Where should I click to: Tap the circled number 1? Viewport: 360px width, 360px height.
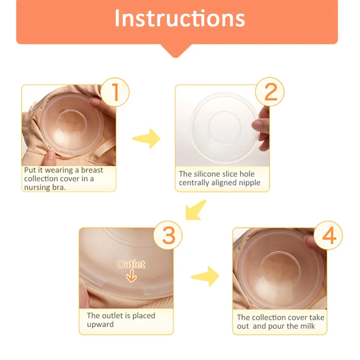(x=115, y=93)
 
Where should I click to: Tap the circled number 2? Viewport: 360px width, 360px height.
(x=270, y=93)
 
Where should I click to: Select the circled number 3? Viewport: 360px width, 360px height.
(x=168, y=236)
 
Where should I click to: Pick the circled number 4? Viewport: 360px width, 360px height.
(x=328, y=236)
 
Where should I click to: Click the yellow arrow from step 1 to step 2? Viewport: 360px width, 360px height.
(x=147, y=138)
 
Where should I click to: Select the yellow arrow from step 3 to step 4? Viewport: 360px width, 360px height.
(x=206, y=276)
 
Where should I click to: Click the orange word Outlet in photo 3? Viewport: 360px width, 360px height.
(x=131, y=264)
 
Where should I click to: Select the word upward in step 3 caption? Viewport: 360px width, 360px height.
(x=100, y=324)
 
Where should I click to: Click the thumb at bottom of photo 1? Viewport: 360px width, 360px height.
(x=51, y=156)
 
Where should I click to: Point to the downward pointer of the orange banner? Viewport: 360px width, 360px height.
(x=177, y=51)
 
